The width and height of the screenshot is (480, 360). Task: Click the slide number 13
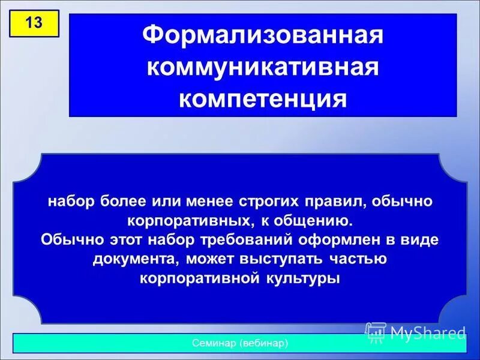tap(34, 24)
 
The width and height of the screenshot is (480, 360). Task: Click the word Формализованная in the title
tap(263, 35)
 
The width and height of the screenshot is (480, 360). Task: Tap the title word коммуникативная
tap(263, 67)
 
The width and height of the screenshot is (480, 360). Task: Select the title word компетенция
tap(263, 98)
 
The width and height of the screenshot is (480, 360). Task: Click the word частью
tap(359, 260)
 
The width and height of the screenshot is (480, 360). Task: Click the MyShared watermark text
tap(427, 332)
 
